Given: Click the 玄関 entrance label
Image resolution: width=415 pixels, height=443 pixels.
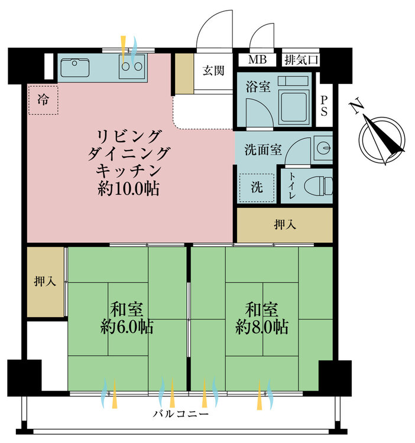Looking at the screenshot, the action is coord(213,70).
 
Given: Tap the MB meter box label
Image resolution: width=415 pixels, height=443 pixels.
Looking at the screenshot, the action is coord(257,59).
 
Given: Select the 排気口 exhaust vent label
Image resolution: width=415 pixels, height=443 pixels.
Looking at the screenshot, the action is coord(301,60).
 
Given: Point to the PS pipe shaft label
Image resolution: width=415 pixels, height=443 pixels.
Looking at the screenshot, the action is coord(324,106).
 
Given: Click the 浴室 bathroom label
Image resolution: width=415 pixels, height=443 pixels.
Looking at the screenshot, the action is coord(258,86).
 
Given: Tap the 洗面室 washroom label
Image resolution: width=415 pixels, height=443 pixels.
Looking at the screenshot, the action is coord(263,149).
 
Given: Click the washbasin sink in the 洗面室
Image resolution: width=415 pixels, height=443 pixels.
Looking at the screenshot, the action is coord(323,148).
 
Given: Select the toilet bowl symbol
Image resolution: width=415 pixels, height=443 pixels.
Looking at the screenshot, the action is coord(319,185).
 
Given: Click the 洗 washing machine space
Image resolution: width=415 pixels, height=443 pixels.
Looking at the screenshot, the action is coord(257,188).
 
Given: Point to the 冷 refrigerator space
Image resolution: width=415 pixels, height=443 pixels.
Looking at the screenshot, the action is coord(43,100).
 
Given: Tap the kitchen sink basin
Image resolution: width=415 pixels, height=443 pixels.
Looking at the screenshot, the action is coord(75,68).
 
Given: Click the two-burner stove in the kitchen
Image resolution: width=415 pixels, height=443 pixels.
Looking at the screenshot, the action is coord(132,66).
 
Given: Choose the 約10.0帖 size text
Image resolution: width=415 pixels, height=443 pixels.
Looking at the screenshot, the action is coord(129,188).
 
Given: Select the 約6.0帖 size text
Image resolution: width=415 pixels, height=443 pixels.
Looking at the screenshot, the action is coord(127,327).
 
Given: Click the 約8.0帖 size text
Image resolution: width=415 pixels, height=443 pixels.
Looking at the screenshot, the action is coord(262,327).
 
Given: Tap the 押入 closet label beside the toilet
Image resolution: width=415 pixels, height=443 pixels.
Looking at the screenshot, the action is coord(285,225).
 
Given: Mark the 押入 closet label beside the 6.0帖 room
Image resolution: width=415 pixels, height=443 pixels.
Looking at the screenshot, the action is coord(45,281).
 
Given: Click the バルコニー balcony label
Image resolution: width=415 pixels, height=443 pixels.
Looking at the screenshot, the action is coord(181,414).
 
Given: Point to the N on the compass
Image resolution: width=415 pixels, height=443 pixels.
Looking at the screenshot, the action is coord(356,105).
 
